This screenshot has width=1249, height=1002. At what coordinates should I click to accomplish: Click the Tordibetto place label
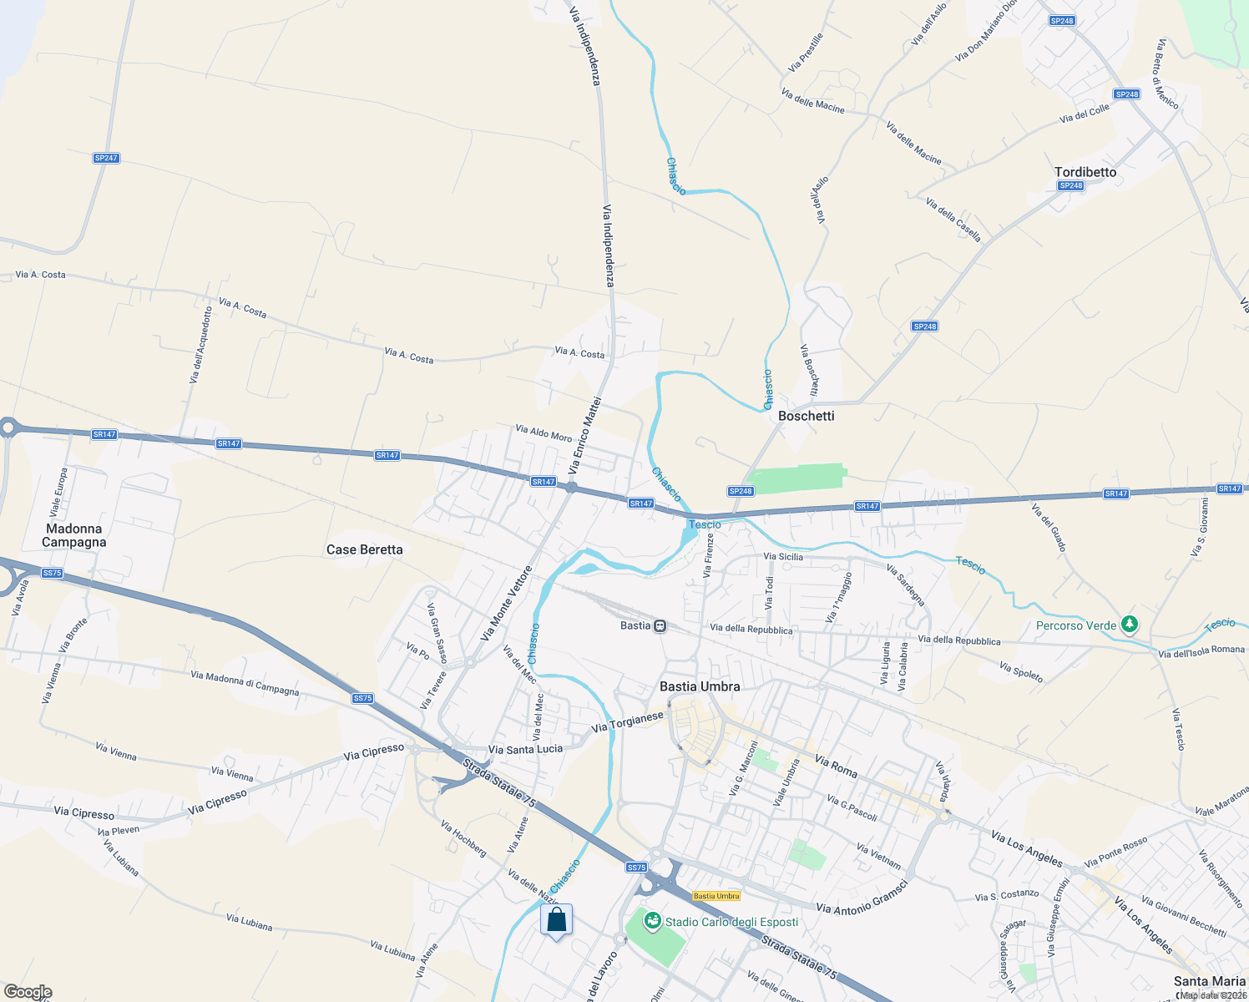[x=1085, y=172]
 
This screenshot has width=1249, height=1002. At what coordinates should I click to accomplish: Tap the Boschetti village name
[x=806, y=416]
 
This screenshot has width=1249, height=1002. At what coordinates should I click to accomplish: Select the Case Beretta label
[x=364, y=549]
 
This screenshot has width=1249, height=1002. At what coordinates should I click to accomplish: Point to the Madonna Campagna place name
[x=74, y=535]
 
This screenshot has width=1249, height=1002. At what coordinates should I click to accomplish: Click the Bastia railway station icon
[x=660, y=625]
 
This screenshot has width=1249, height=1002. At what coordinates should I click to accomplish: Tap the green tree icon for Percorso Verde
[x=1130, y=625]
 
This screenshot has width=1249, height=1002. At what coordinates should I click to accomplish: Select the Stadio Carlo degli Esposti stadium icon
[x=652, y=922]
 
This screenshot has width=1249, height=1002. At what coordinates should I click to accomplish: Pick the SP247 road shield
[x=106, y=158]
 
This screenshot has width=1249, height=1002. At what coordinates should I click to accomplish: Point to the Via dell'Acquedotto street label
[x=200, y=345]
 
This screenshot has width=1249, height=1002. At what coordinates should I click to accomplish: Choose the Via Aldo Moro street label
[x=544, y=433]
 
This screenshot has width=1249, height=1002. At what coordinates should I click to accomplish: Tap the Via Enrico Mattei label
[x=584, y=435]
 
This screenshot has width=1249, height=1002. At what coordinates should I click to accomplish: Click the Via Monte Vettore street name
[x=506, y=604]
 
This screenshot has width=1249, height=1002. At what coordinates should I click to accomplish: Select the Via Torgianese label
[x=627, y=722]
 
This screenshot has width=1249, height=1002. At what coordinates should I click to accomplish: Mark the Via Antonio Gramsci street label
[x=861, y=895]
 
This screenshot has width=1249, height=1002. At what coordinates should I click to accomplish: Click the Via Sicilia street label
[x=783, y=556]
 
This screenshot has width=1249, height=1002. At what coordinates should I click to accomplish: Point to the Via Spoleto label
[x=1021, y=672]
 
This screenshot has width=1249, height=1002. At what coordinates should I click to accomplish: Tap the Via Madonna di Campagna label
[x=245, y=683]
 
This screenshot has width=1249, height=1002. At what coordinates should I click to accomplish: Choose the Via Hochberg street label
[x=463, y=838]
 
